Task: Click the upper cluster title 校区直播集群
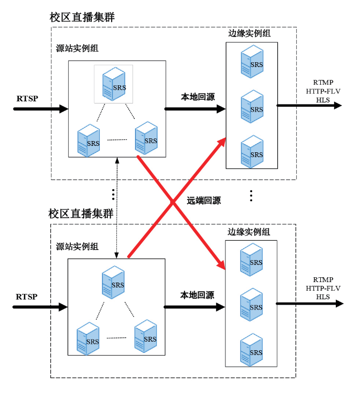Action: [x=82, y=17]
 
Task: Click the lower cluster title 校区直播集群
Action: [x=81, y=213]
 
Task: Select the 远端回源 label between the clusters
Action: [x=204, y=201]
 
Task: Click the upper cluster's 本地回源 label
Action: [x=197, y=97]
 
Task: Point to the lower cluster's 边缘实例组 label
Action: [x=248, y=232]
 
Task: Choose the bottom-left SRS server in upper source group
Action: [x=89, y=141]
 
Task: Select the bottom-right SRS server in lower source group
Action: [x=145, y=336]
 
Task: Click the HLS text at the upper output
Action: [x=323, y=100]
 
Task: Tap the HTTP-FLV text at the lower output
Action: [x=323, y=289]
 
